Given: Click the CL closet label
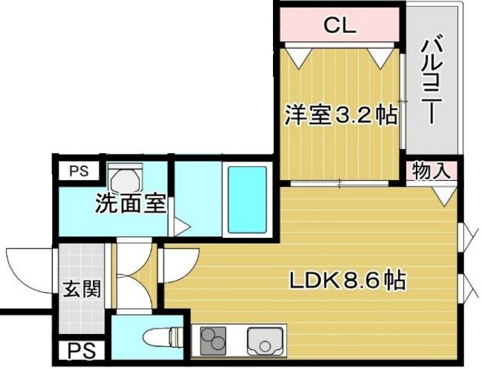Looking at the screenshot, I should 339,27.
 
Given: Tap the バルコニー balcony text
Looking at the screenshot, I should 432,80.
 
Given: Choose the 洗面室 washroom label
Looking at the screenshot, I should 131,204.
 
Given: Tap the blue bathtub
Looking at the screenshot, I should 246,199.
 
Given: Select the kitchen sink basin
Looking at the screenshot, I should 264,340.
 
